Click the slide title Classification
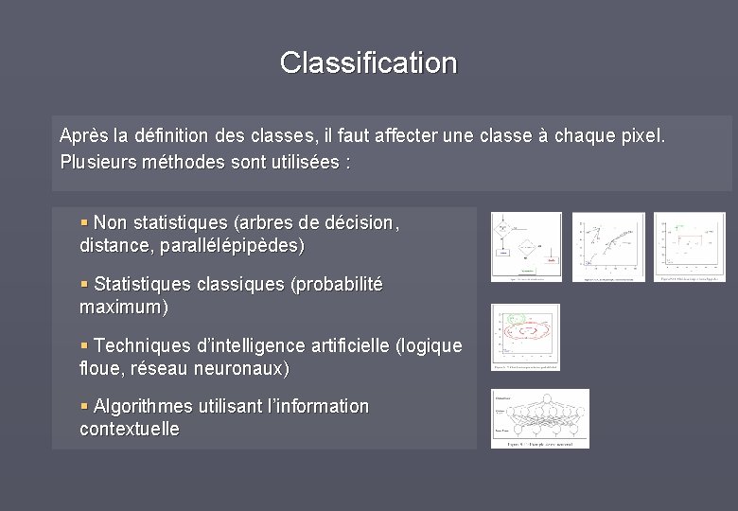pyautogui.click(x=368, y=62)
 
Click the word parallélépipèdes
pyautogui.click(x=231, y=246)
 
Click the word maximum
pyautogui.click(x=120, y=308)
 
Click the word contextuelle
pyautogui.click(x=130, y=429)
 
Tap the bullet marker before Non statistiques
pyautogui.click(x=85, y=222)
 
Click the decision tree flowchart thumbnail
pyautogui.click(x=525, y=247)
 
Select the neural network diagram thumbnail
pyautogui.click(x=539, y=418)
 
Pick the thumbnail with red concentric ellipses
pyautogui.click(x=524, y=337)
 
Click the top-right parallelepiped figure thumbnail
pyautogui.click(x=690, y=247)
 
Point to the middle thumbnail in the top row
pyautogui.click(x=608, y=247)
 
